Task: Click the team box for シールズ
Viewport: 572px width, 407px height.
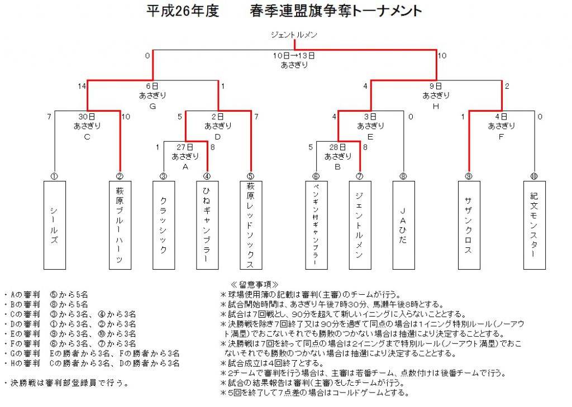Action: pyautogui.click(x=55, y=225)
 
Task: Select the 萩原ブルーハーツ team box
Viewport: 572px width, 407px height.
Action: pyautogui.click(x=120, y=225)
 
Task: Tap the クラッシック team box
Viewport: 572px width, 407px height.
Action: pyautogui.click(x=164, y=225)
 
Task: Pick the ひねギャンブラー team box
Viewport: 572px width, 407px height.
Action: pyautogui.click(x=207, y=225)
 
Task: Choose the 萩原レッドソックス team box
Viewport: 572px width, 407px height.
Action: pyautogui.click(x=251, y=225)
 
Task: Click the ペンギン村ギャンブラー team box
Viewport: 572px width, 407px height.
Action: pyautogui.click(x=316, y=225)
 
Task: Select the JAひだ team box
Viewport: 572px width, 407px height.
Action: pyautogui.click(x=403, y=225)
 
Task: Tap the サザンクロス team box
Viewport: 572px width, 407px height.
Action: pyautogui.click(x=469, y=225)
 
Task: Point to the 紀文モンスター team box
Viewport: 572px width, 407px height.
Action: pyautogui.click(x=535, y=225)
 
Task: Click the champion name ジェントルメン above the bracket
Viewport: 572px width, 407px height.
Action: pyautogui.click(x=294, y=35)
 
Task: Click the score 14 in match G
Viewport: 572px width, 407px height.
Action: pyautogui.click(x=82, y=86)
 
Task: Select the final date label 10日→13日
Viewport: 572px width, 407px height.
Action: pyautogui.click(x=294, y=56)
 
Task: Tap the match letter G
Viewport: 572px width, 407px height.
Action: pyautogui.click(x=152, y=107)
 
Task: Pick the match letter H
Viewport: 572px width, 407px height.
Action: pyautogui.click(x=436, y=107)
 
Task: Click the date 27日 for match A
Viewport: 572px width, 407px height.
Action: pyautogui.click(x=185, y=147)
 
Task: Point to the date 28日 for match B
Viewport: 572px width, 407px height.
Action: pyautogui.click(x=337, y=147)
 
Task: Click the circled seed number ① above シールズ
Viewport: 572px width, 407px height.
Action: pyautogui.click(x=54, y=176)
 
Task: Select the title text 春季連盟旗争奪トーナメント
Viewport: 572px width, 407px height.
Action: pyautogui.click(x=336, y=11)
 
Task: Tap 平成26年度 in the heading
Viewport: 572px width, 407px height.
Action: pyautogui.click(x=183, y=11)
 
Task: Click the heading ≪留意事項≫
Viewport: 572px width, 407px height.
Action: pyautogui.click(x=255, y=285)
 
